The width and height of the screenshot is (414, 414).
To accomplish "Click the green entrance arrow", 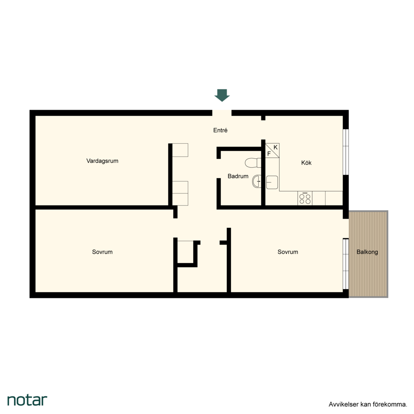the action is click(x=222, y=95).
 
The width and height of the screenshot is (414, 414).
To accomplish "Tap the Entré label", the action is click(x=220, y=130).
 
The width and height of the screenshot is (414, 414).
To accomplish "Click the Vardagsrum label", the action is click(x=102, y=161).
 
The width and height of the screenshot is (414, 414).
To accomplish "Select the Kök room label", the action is click(x=306, y=163).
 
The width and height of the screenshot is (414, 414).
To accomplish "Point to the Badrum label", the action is click(x=238, y=176).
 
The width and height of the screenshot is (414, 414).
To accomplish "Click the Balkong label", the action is click(x=367, y=252).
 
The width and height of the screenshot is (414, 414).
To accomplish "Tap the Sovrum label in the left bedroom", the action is click(x=102, y=252).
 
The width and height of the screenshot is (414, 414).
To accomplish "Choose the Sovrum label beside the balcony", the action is click(x=288, y=252).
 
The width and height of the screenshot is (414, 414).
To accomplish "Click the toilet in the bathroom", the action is click(x=253, y=163).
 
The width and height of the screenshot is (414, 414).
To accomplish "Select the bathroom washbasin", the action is click(x=256, y=181).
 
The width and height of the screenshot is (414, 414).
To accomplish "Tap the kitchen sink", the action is click(x=272, y=182).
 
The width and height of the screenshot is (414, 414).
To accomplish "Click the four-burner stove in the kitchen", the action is click(x=305, y=198).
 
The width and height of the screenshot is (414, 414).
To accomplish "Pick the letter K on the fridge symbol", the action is click(x=275, y=147).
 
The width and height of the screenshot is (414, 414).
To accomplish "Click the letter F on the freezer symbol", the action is click(x=269, y=154).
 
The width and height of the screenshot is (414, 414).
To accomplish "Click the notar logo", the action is click(x=27, y=400).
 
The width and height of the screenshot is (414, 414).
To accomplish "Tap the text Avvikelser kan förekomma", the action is click(x=368, y=404).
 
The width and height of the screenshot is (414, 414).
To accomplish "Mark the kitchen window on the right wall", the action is click(x=346, y=152).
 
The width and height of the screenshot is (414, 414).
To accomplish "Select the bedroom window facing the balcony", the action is click(x=346, y=264).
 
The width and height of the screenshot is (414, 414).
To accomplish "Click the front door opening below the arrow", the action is click(x=222, y=113).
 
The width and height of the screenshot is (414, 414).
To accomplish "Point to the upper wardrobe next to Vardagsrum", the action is click(x=180, y=150).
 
